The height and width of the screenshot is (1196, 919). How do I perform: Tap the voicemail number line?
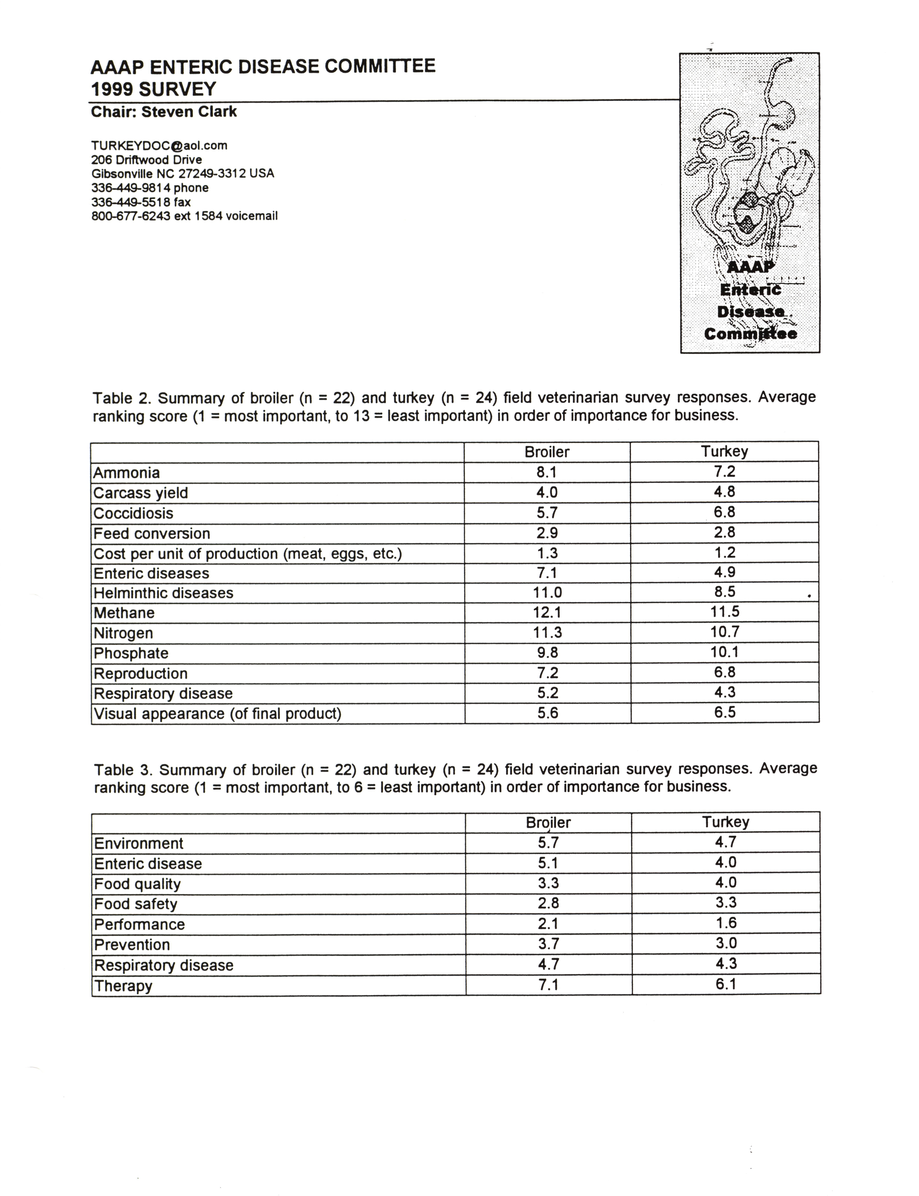point(184,216)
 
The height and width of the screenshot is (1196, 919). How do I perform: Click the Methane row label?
point(124,613)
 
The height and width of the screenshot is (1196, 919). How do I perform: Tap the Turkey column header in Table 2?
point(724,451)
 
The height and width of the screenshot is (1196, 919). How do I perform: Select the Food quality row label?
point(137,884)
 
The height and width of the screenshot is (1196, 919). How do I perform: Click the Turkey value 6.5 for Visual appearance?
point(725,712)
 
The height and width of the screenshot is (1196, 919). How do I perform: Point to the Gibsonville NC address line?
point(183,174)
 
